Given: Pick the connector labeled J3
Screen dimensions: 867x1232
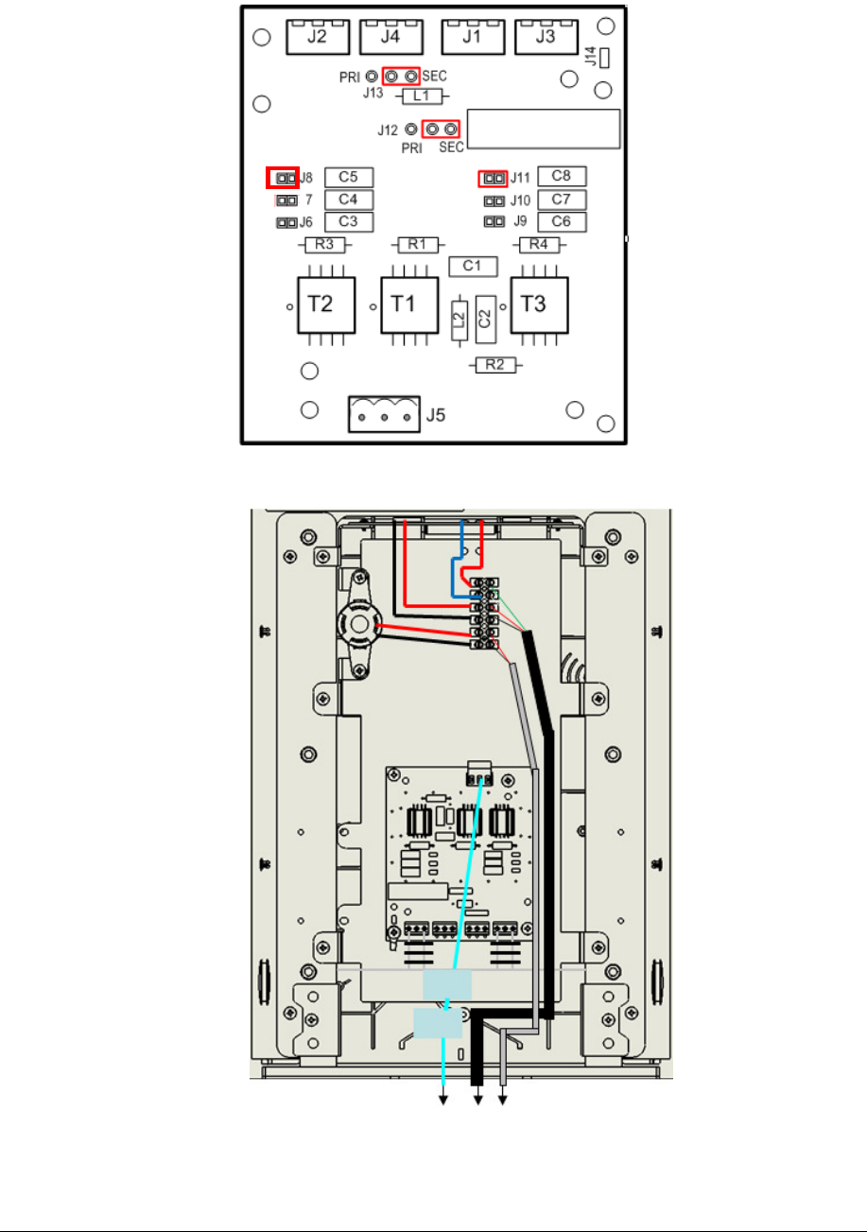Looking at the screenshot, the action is point(546,38).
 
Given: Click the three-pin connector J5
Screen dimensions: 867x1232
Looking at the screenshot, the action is point(383,414).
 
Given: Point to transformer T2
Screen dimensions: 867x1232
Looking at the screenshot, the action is point(326,304).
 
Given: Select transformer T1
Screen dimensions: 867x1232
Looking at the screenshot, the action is point(408,304).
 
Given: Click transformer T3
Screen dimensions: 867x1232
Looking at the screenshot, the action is point(539,304).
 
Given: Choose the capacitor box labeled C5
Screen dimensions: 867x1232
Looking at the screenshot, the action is point(349,177).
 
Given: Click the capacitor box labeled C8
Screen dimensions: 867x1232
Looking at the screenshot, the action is point(562,176).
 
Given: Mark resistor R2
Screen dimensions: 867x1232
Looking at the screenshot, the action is point(494,364).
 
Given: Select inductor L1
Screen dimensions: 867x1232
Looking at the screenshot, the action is point(423,96).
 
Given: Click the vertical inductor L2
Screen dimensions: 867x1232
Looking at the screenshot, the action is point(459,321).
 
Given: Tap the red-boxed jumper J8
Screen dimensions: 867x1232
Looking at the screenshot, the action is point(283,177).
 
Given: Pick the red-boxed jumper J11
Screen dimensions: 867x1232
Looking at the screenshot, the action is point(493,177).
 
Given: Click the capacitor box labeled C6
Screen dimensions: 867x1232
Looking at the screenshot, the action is point(562,222).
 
